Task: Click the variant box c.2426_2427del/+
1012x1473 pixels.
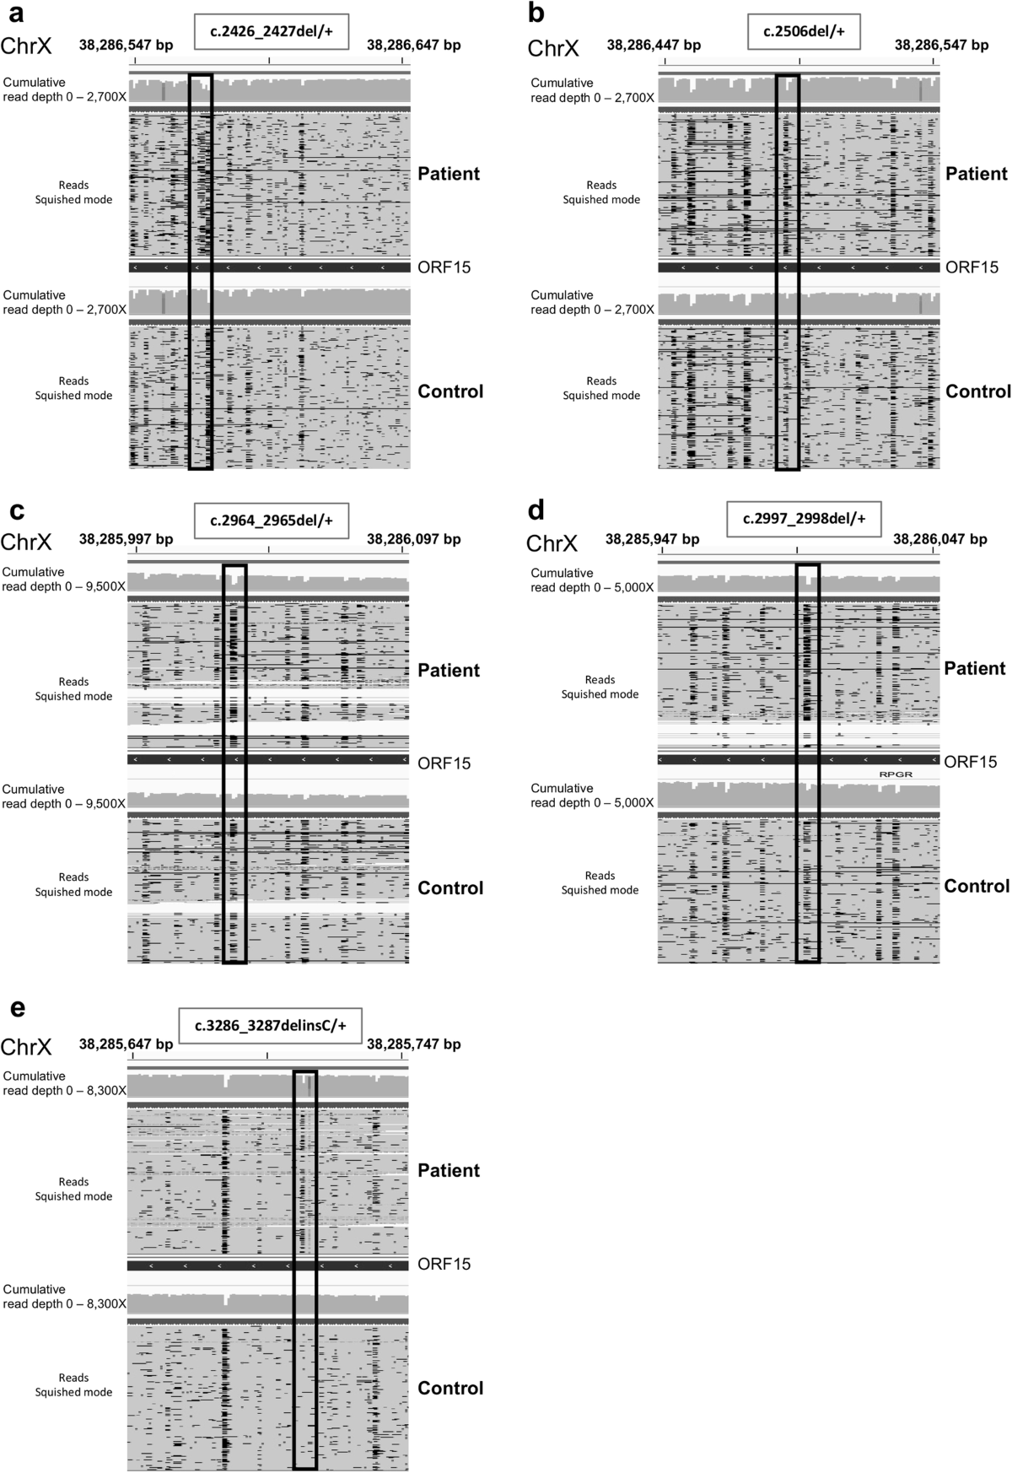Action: (269, 32)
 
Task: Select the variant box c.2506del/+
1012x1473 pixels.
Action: (804, 32)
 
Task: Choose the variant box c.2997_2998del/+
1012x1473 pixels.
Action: (804, 519)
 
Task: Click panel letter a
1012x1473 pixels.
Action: (15, 13)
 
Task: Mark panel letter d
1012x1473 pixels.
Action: (536, 510)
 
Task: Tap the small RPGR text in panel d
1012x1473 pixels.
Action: (896, 774)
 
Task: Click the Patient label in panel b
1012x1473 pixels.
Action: (976, 174)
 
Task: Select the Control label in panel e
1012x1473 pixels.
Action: (450, 1388)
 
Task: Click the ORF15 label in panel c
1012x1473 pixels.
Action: (444, 763)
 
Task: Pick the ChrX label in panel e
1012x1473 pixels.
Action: (26, 1047)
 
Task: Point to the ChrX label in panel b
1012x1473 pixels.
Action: (553, 48)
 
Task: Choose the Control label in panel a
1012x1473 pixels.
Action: (450, 391)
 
